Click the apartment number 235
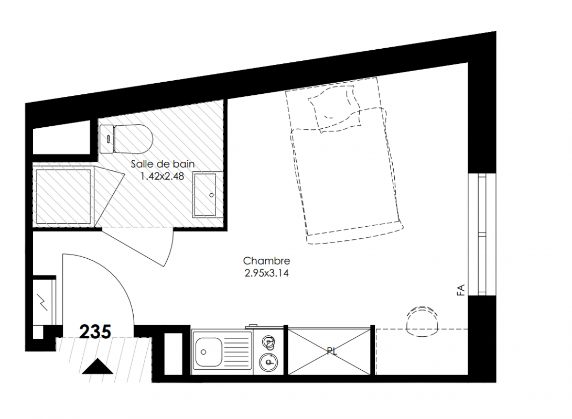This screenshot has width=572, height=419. click(x=95, y=332)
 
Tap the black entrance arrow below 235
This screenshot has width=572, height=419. click(x=98, y=367)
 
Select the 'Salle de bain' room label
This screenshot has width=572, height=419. click(x=163, y=164)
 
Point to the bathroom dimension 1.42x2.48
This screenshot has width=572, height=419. click(x=163, y=177)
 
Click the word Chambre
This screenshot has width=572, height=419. click(x=267, y=261)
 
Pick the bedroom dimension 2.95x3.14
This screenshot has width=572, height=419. click(x=267, y=273)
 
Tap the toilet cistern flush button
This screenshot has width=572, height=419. click(x=109, y=138)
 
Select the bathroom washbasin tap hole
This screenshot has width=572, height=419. click(x=212, y=195)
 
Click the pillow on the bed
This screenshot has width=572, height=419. click(x=334, y=107)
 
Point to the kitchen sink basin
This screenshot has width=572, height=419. click(x=209, y=352)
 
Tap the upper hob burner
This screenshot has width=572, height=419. click(x=269, y=341)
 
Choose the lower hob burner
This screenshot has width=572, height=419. click(x=268, y=362)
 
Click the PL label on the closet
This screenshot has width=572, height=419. click(x=332, y=351)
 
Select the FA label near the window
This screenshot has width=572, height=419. click(x=461, y=290)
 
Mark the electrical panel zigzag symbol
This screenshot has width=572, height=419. click(x=44, y=302)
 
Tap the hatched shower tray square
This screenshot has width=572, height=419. click(x=63, y=196)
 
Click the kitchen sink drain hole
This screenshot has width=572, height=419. click(x=203, y=352)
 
